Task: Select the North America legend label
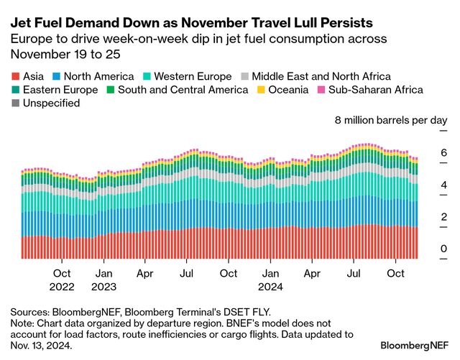[x=98, y=76]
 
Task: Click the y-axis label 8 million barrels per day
[x=391, y=120]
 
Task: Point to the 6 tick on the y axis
[x=443, y=152]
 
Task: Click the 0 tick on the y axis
[x=443, y=249]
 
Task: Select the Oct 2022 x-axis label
[x=62, y=280]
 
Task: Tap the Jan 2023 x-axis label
[x=103, y=280]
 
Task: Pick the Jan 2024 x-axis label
[x=270, y=280]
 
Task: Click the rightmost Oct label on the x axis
[x=395, y=274]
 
